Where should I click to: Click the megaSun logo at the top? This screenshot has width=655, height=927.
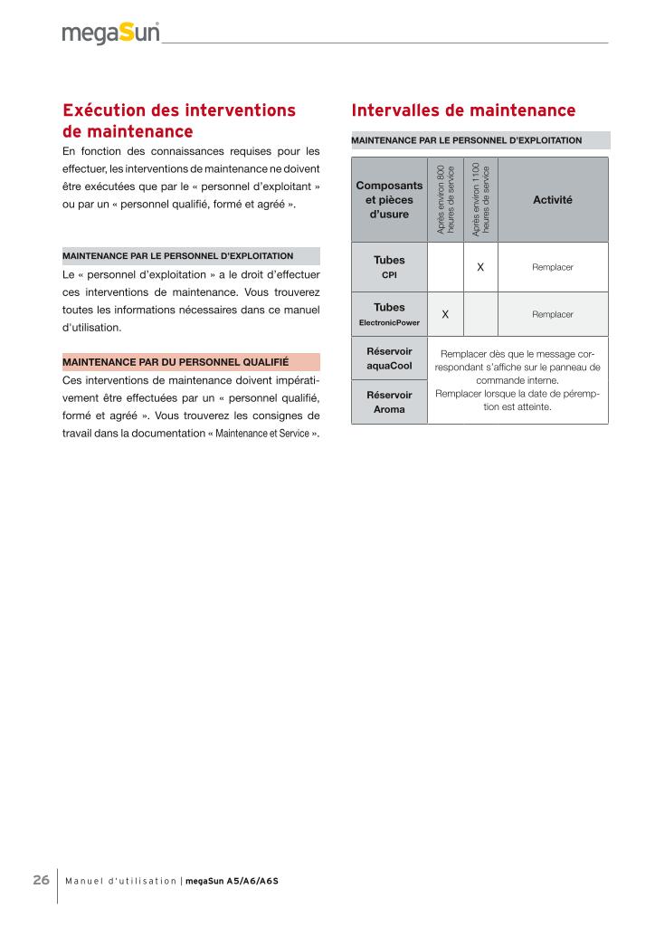coord(111,33)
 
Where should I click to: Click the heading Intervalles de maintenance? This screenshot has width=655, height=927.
coord(463,110)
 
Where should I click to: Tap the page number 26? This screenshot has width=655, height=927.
coord(42,879)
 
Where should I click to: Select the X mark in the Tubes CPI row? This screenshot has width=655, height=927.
coord(480,267)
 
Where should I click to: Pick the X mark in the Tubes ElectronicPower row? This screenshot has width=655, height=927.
coord(445,314)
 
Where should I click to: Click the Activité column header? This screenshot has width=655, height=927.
coord(553,199)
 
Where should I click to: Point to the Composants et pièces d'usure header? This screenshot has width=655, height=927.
coord(389,199)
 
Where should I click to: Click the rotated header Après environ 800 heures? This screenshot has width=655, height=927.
coord(445,199)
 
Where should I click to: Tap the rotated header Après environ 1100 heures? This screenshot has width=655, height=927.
coord(480,199)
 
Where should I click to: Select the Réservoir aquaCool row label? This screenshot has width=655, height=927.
coord(389,358)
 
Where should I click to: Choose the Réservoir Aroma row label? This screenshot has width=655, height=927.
coord(389,402)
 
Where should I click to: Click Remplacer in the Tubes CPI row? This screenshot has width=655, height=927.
coord(553,267)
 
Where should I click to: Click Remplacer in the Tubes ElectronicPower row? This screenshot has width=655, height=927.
coord(553,314)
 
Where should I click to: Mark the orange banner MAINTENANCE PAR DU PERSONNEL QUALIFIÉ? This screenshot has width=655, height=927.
coord(190,361)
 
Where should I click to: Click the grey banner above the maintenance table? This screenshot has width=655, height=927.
coord(480,140)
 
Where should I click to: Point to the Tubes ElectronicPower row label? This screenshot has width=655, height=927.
coord(389,314)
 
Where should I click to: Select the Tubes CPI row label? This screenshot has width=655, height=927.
coord(389,266)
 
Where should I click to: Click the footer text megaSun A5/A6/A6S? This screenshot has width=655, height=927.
coord(232,880)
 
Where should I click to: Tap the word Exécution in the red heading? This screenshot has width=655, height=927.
coord(109,110)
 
